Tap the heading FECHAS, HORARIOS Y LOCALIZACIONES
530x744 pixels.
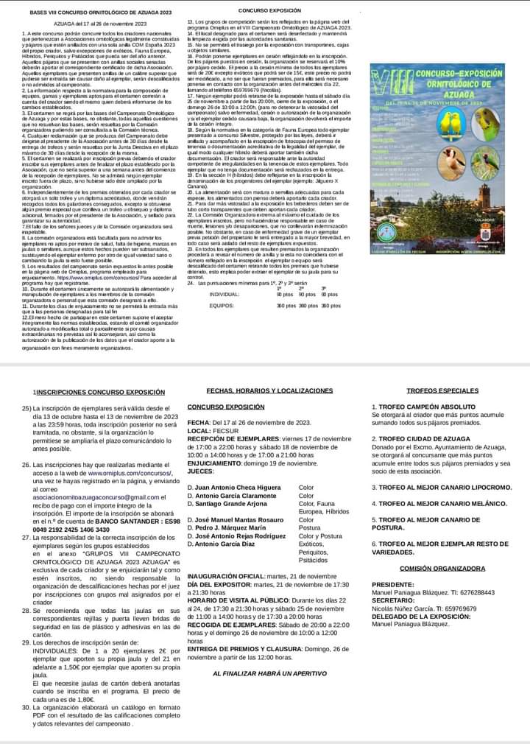click(x=269, y=390)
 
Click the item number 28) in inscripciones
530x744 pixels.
click(x=27, y=591)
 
